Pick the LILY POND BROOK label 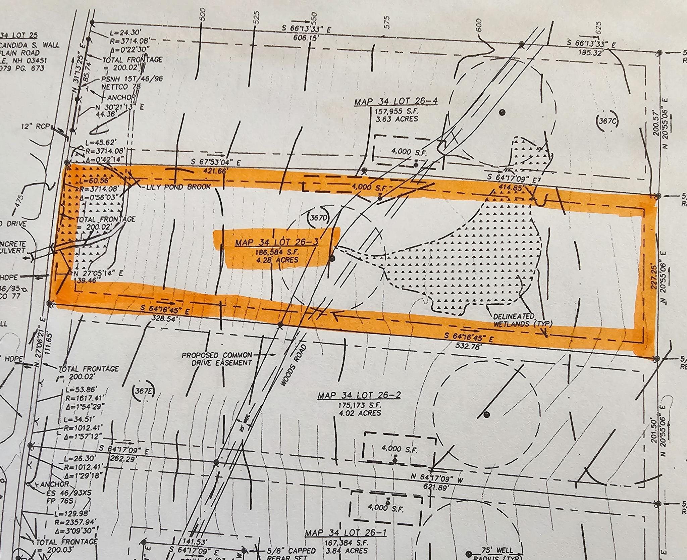coord(178,187)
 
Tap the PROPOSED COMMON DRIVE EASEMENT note coord(217,358)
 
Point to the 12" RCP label coord(40,126)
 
